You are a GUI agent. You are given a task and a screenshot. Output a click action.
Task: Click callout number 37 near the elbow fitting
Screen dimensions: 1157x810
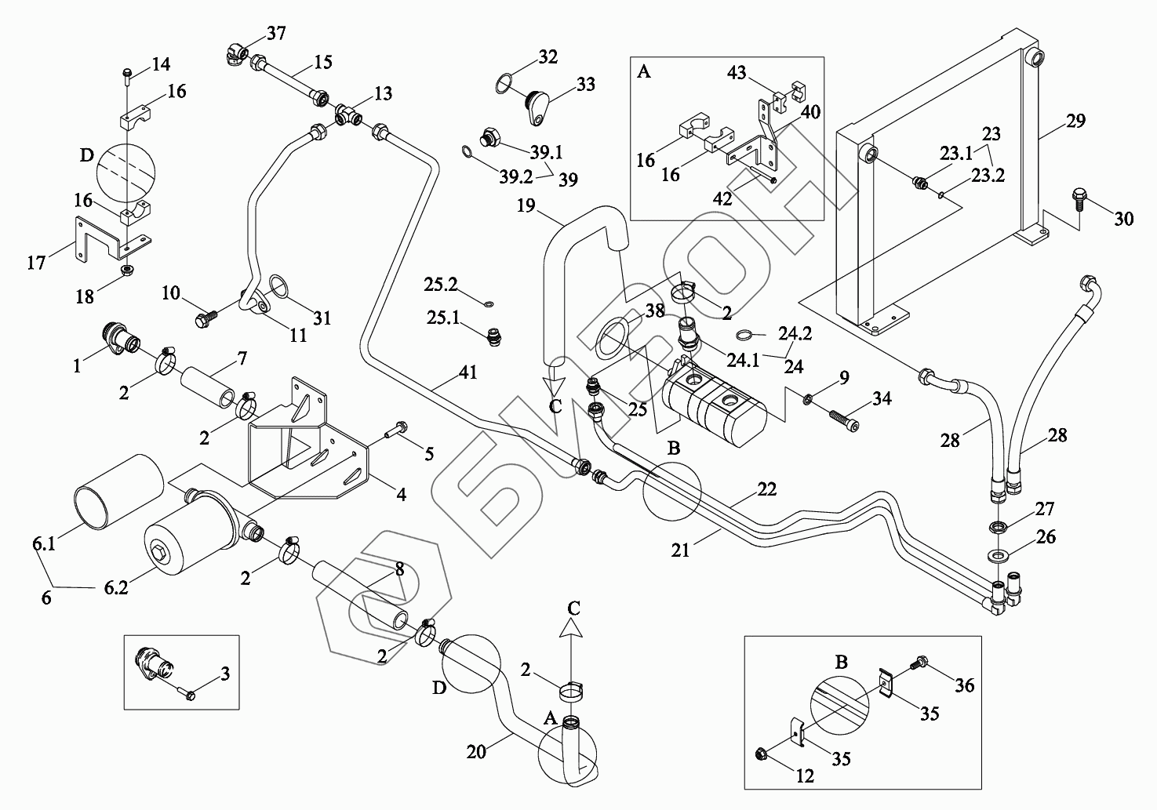(276, 33)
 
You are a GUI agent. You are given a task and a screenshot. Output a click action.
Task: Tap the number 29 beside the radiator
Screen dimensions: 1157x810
(1076, 121)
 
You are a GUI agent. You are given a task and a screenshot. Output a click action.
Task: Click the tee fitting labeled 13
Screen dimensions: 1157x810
(347, 114)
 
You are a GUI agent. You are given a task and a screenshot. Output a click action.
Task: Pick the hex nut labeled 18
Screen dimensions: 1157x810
(126, 270)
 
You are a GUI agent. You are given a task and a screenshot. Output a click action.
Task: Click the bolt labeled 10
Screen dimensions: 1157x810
(205, 318)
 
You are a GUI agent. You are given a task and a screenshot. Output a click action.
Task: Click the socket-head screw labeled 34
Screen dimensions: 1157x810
(845, 421)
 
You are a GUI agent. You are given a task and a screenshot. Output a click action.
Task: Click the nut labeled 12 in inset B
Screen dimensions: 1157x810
(761, 755)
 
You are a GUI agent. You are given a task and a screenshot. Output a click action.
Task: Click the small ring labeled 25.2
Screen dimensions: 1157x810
(489, 304)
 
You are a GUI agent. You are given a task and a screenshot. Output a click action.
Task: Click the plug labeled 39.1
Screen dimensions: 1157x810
(489, 137)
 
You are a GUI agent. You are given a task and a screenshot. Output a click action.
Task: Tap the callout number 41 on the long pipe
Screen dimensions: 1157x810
(468, 372)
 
